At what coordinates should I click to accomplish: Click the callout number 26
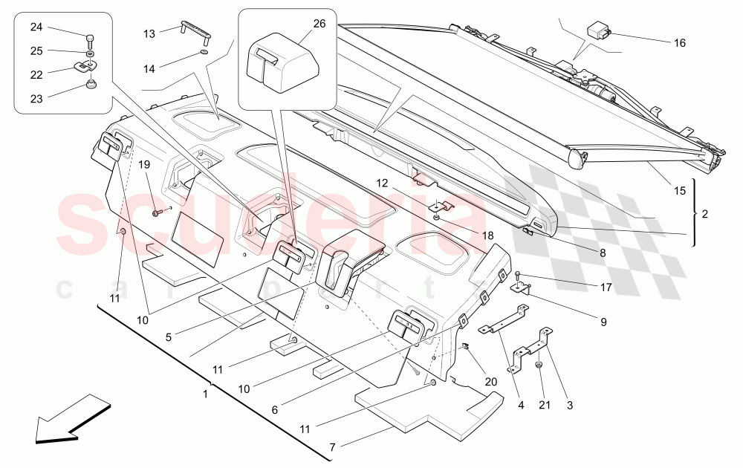click(319, 24)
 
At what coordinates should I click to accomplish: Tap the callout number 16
click(680, 43)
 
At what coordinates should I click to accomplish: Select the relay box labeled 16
click(600, 31)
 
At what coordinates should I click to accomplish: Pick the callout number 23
click(36, 97)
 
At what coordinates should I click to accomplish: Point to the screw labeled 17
click(518, 276)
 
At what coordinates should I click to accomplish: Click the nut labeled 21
click(540, 365)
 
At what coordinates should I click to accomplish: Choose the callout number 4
click(521, 406)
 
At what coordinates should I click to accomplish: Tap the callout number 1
click(205, 394)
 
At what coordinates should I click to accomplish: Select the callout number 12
click(381, 183)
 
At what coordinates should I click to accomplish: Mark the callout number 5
click(169, 337)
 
